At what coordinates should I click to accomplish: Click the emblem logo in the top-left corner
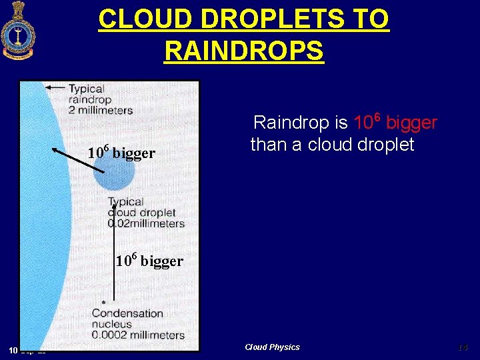(17, 31)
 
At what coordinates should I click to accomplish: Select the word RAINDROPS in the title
(243, 51)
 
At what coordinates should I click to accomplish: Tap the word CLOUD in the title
(135, 19)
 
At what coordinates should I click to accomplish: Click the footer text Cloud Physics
(272, 347)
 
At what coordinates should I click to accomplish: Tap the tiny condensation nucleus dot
(103, 302)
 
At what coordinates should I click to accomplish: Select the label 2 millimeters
(101, 110)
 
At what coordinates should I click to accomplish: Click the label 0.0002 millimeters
(138, 335)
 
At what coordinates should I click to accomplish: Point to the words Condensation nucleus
(127, 319)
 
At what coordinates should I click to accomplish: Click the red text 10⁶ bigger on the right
(395, 123)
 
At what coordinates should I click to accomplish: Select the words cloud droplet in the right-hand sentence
(361, 145)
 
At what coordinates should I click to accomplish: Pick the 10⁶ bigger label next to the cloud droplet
(121, 153)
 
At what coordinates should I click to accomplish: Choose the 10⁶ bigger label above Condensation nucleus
(149, 261)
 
